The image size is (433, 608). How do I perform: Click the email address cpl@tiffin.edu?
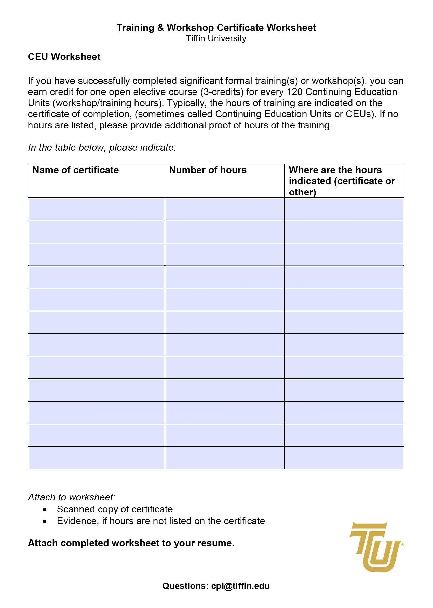click(x=240, y=586)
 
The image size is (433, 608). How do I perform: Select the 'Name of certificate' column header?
click(x=75, y=170)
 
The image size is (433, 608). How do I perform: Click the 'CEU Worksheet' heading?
click(x=64, y=57)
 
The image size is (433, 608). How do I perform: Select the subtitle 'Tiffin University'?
click(x=216, y=38)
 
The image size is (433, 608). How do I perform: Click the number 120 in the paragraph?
click(x=294, y=92)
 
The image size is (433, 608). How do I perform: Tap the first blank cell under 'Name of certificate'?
click(x=96, y=209)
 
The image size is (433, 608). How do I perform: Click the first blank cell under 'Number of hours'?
click(x=224, y=209)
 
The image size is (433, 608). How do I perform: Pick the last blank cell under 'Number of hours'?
click(x=224, y=458)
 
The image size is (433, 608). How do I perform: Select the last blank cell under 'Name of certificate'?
click(x=96, y=458)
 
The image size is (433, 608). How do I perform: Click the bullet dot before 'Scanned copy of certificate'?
click(x=45, y=510)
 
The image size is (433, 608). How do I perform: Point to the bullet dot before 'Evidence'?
click(x=45, y=521)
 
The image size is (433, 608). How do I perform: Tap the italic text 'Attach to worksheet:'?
click(x=72, y=497)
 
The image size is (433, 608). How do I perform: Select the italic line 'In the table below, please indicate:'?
click(x=102, y=147)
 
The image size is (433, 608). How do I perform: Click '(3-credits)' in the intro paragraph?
click(x=222, y=92)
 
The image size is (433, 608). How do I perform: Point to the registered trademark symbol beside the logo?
click(x=402, y=545)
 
